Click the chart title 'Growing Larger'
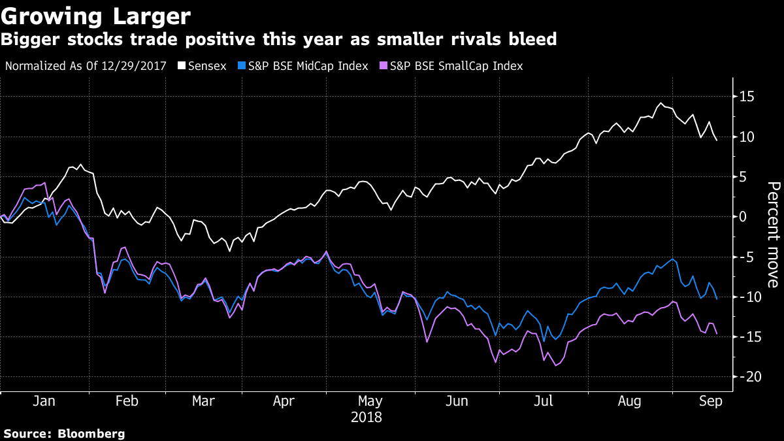[96, 16]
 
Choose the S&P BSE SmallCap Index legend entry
[450, 66]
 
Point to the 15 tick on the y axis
[747, 97]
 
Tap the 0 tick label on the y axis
[743, 216]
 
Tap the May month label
[370, 401]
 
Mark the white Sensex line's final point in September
[717, 140]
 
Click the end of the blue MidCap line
[717, 299]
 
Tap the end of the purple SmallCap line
[717, 334]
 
